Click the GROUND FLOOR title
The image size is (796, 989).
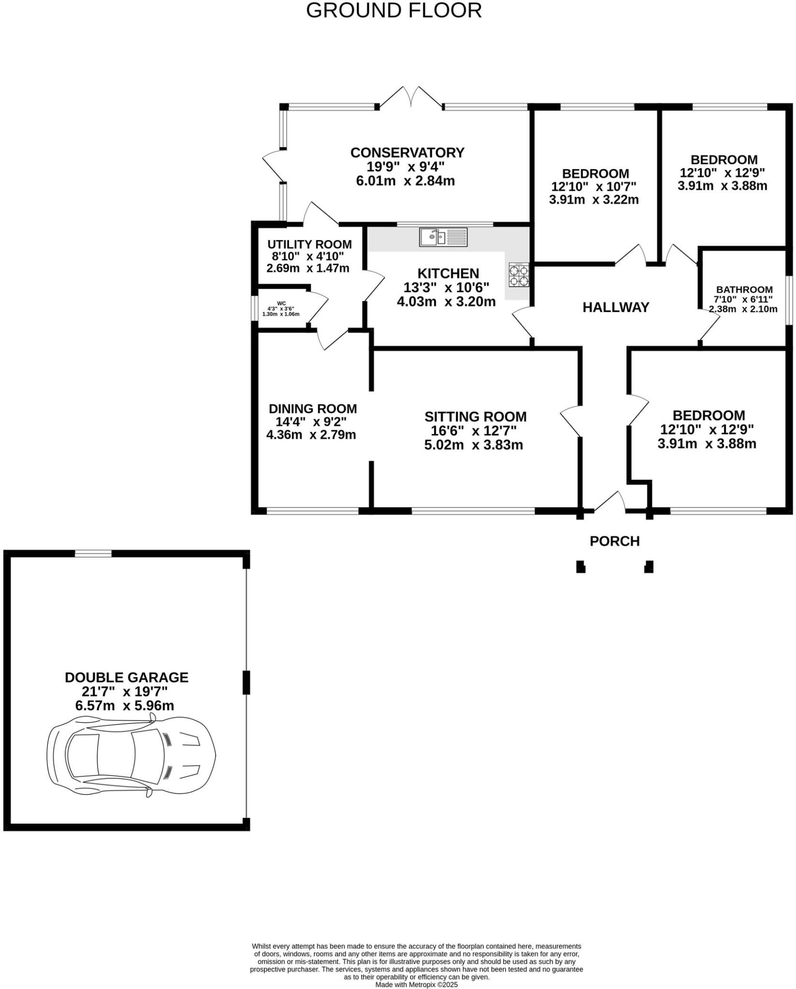(x=394, y=11)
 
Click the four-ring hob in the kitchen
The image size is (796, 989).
(x=519, y=275)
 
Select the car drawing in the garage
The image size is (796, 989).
(x=131, y=756)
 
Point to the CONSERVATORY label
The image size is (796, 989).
(x=407, y=153)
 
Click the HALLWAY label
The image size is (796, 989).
(x=615, y=308)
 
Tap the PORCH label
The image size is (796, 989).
(x=614, y=541)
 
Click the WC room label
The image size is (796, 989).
(x=281, y=303)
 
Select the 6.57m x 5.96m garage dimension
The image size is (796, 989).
(x=125, y=706)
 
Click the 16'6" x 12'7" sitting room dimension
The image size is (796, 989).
(x=473, y=430)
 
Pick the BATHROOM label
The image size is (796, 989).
(x=744, y=290)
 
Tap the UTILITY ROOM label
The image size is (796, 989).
(x=309, y=244)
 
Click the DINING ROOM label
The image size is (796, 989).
(x=313, y=409)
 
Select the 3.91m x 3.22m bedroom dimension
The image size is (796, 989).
(x=594, y=199)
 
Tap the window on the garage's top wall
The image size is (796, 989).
(x=93, y=553)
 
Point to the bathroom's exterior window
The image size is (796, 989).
(x=789, y=300)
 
